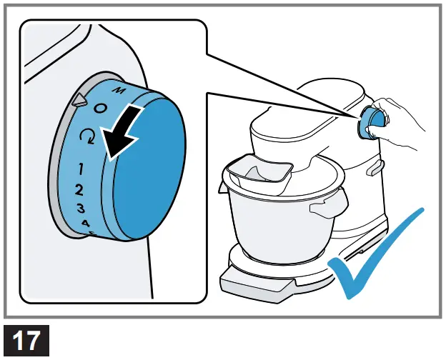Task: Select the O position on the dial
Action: click(x=100, y=108)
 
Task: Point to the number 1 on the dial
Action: click(x=83, y=169)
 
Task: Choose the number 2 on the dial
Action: click(x=80, y=190)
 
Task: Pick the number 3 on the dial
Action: click(x=81, y=209)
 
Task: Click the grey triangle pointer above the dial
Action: click(x=77, y=101)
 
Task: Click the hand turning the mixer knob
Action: click(x=400, y=121)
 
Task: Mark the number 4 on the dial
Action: click(x=86, y=224)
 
